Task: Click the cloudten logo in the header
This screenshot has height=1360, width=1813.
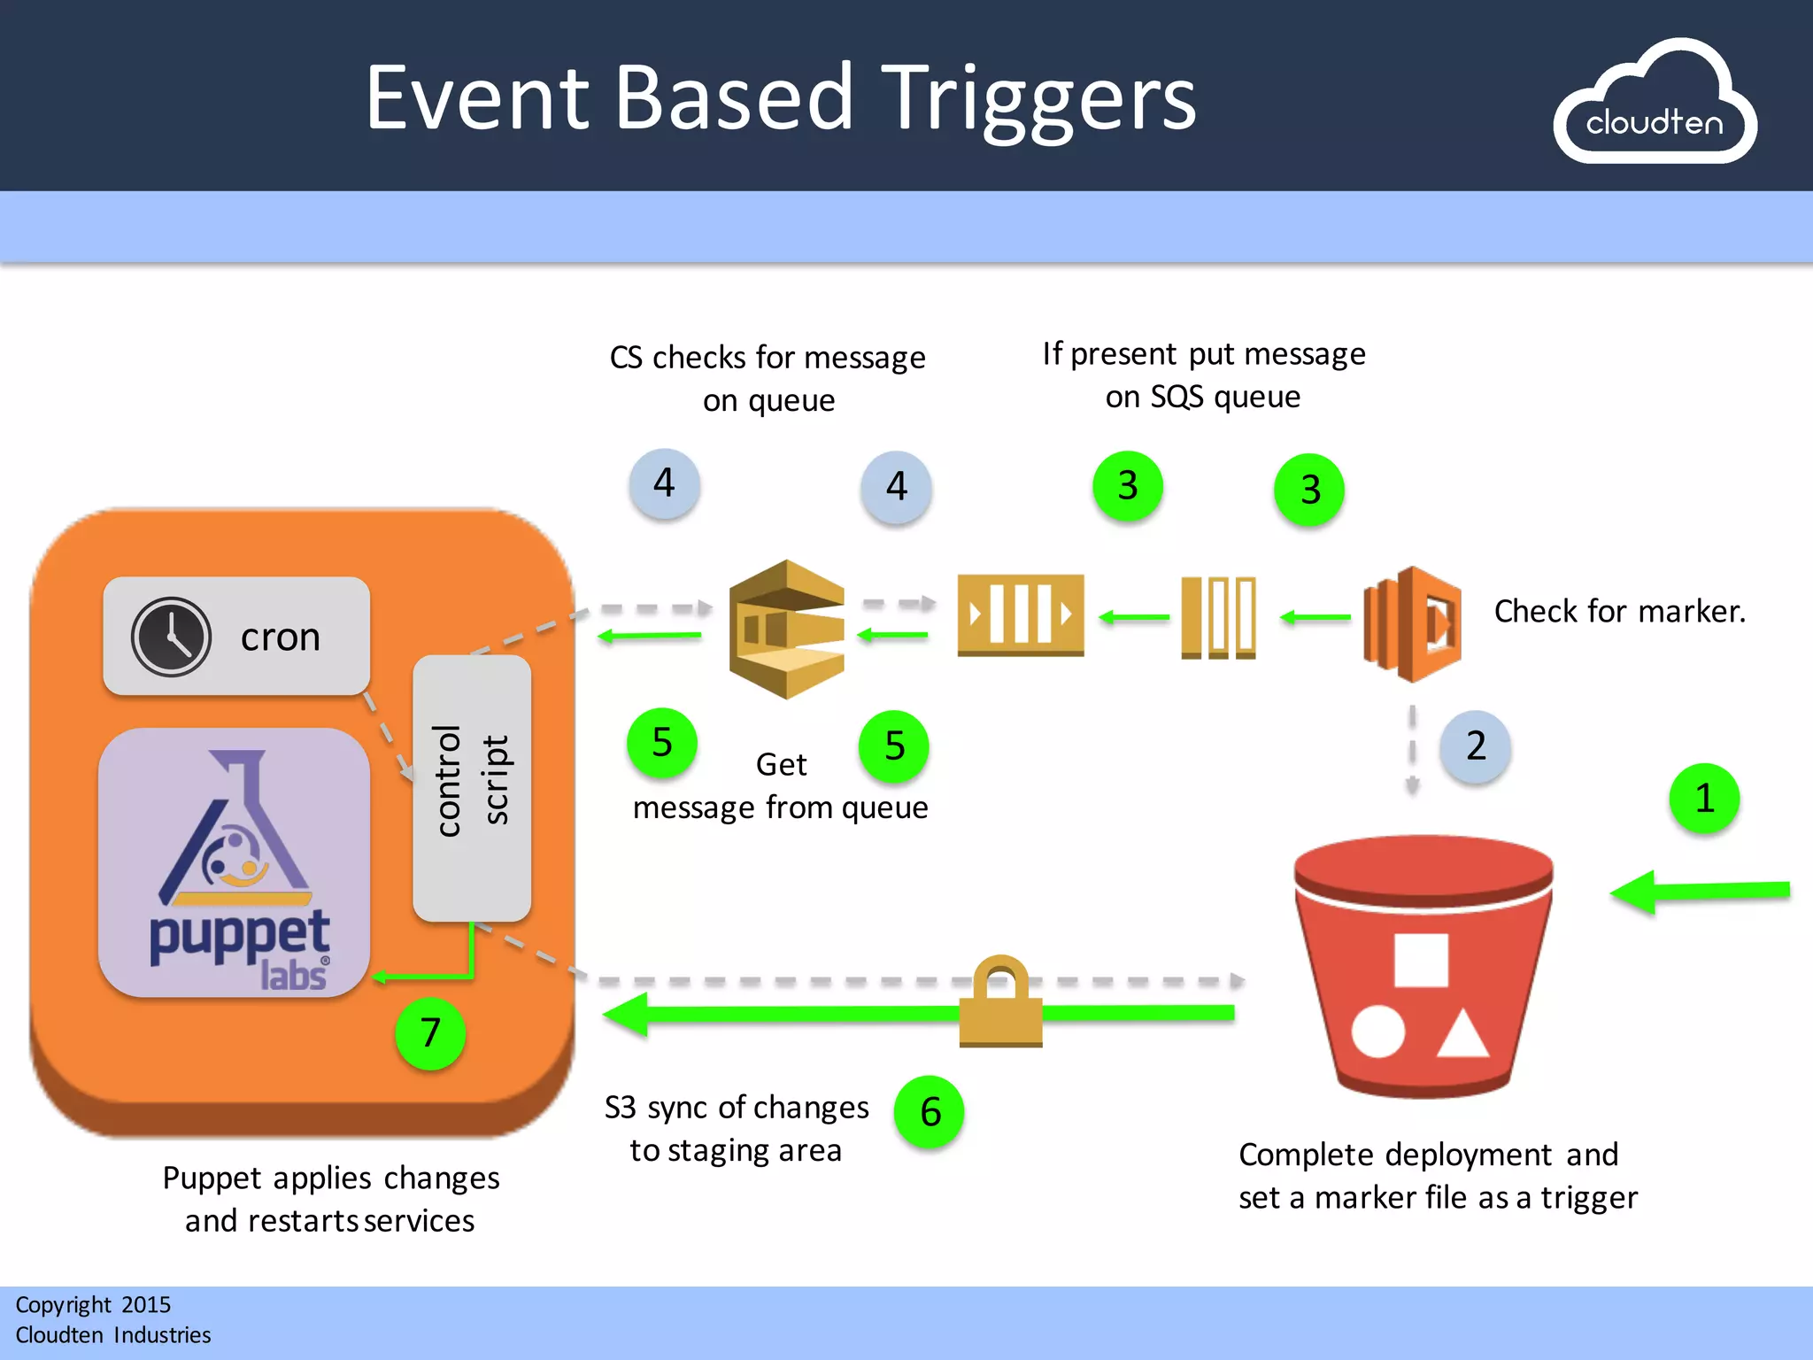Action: point(1654,104)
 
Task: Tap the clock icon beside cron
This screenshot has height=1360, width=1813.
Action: point(171,637)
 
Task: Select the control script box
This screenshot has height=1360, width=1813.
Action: point(472,788)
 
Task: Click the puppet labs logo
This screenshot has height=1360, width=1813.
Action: point(235,864)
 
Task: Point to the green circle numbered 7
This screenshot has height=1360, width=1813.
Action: point(430,1033)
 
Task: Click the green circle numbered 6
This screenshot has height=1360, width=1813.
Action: point(930,1112)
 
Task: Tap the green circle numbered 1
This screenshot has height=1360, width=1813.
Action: point(1704,799)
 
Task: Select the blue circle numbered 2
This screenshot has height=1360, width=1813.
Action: point(1475,746)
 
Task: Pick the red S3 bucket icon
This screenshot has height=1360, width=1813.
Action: point(1423,965)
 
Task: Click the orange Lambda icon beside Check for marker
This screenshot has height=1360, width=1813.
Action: point(1413,624)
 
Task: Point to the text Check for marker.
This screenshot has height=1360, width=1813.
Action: point(1619,612)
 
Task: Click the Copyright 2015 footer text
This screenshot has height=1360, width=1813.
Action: point(93,1305)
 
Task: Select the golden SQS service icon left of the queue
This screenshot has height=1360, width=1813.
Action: point(786,630)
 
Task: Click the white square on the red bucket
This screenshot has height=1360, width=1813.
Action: point(1421,960)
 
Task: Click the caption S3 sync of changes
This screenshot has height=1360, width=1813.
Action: point(737,1108)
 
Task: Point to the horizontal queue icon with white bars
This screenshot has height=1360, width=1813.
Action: point(1020,614)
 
